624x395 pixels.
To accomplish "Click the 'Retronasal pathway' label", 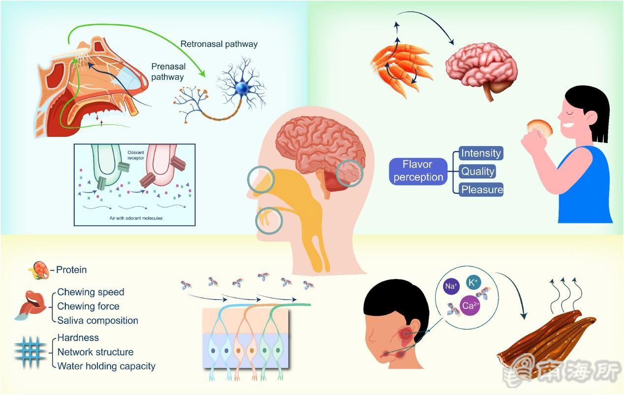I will click(219, 44).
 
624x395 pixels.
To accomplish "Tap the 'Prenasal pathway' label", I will click(168, 71).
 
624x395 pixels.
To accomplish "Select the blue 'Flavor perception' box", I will click(417, 171).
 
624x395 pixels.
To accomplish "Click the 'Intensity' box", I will click(480, 153).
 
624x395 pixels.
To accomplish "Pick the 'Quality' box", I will click(477, 171).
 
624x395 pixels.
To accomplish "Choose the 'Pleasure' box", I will click(481, 189).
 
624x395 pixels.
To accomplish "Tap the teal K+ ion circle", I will click(473, 282).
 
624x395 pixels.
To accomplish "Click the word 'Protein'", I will click(71, 270).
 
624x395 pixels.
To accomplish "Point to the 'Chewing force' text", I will click(88, 306).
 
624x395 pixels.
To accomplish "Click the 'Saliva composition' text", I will click(97, 320).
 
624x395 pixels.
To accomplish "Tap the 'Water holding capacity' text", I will click(106, 366).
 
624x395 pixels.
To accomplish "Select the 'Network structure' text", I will click(95, 352).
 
